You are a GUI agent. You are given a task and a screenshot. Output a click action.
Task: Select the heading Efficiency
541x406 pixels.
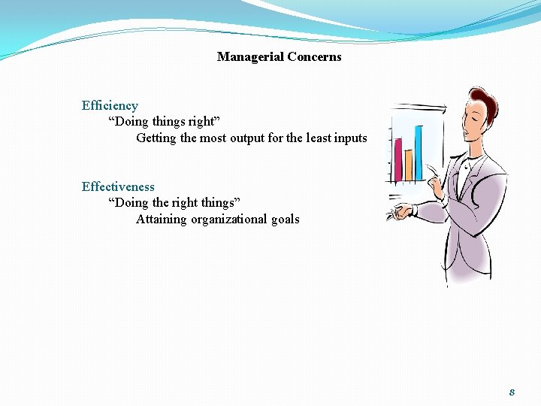110,106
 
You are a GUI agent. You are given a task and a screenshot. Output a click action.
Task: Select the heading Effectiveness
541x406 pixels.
118,187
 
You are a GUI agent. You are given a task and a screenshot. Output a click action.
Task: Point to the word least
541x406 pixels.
316,138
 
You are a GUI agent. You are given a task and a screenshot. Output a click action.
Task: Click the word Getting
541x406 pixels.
156,138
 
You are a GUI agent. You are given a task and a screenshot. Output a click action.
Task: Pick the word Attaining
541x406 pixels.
162,220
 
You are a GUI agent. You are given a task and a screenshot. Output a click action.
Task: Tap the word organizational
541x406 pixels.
228,220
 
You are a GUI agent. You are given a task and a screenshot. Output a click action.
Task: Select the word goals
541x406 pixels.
285,220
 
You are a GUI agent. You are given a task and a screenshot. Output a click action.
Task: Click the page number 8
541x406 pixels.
512,392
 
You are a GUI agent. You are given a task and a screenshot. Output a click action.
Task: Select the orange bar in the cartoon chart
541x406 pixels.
408,165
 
